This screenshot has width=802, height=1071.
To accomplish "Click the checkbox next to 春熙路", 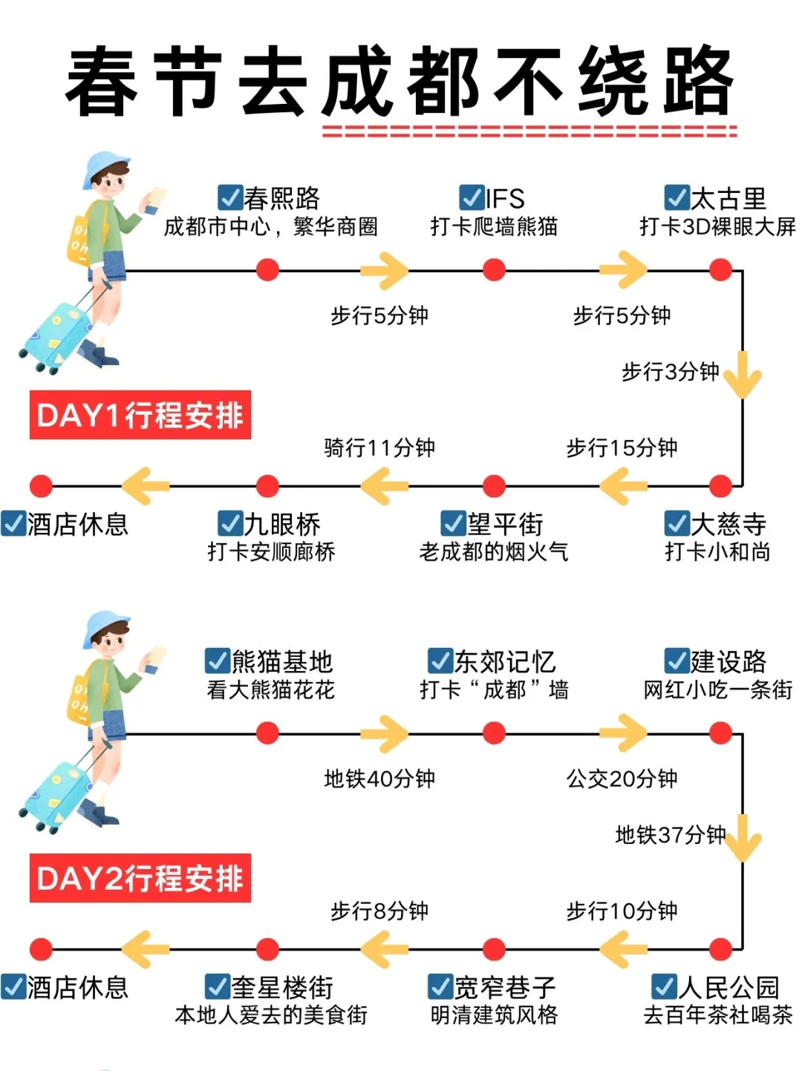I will pos(230,197).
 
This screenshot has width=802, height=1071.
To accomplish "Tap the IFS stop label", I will pos(505,198).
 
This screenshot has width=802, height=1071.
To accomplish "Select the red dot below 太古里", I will pos(720,269).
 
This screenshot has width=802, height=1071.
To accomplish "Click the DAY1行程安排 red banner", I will pos(140,415).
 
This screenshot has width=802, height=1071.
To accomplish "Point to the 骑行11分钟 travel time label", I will pos(379,448).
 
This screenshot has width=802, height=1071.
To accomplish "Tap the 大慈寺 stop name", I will pos(728,524).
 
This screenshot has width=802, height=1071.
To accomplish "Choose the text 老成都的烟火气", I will pos(494,551).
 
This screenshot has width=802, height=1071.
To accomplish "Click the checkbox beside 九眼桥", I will pos(230,523).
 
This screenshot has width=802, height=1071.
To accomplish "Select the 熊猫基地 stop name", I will pos(282,661).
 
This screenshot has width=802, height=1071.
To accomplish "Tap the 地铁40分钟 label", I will pos(379,779).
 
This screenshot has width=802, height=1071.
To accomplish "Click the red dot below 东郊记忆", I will pos(494,733).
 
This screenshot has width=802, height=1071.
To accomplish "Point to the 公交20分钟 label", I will pos(622,779).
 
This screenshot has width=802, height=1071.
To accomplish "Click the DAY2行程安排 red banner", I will pos(140,878).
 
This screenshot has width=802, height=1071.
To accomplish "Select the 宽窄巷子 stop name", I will pos(505,987).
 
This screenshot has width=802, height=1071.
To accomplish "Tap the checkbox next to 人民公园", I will pos(664,986).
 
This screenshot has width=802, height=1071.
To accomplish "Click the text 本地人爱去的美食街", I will pos(271,1015).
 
